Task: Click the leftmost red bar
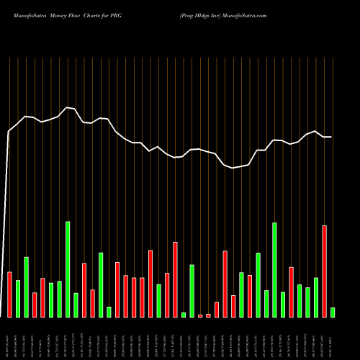point(9,294)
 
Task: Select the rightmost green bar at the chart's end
point(332,312)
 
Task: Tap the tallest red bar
point(324,271)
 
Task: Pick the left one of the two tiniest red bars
point(200,315)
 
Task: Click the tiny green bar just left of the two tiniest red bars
point(184,315)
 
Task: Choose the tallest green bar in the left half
point(68,269)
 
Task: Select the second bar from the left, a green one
point(18,299)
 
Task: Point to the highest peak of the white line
point(68,107)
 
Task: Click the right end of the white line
point(331,137)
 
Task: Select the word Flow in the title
point(74,15)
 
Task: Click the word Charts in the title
point(94,15)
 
